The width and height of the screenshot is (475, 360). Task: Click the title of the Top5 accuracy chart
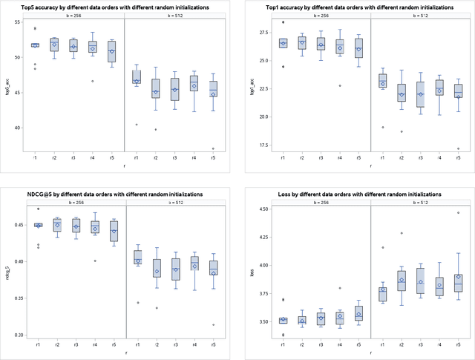123,7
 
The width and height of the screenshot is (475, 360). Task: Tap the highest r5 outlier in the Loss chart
458,212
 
